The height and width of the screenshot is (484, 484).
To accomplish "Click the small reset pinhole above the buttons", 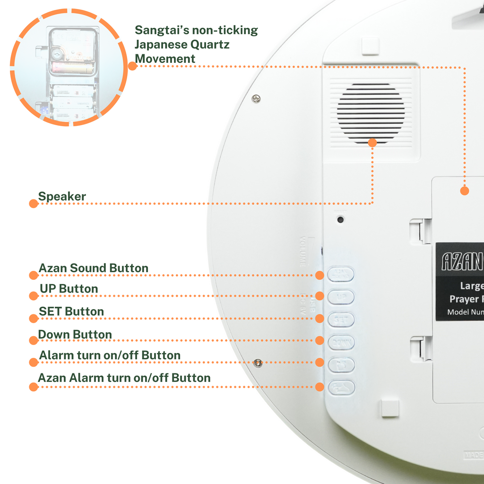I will click(340, 219).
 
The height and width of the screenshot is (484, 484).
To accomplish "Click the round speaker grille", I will click(371, 113).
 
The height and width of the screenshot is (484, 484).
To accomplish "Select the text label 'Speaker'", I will click(62, 197).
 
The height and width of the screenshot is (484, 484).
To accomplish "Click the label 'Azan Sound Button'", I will click(93, 268).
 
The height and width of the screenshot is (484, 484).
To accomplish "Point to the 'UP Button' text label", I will click(69, 289).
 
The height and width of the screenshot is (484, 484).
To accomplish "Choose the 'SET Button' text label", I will click(71, 311).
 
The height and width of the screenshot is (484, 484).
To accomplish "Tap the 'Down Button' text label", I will click(75, 335).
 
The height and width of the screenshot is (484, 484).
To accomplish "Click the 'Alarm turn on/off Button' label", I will click(110, 355).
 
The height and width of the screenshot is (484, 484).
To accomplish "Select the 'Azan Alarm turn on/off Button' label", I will click(124, 378).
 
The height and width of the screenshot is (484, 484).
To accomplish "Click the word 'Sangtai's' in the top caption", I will click(162, 30).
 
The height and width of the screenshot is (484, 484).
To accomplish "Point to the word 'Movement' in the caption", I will click(165, 59).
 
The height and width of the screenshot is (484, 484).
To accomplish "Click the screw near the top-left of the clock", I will click(256, 98).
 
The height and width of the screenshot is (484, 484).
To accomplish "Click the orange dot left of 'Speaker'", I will click(33, 204).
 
